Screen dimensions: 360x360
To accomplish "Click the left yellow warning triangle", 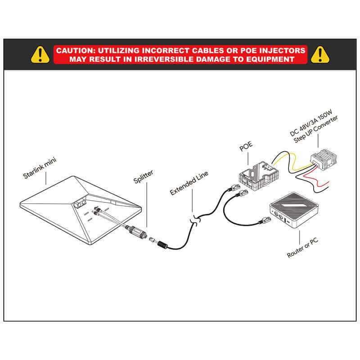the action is coord(40,54).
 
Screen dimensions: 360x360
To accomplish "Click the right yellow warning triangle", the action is coord(320,54).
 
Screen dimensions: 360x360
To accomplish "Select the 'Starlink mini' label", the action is coord(40,168).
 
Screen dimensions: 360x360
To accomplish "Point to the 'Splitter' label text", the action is coord(143,176).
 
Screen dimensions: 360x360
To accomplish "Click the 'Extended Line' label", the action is coord(189,183).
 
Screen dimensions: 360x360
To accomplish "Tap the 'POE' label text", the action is coord(246,146).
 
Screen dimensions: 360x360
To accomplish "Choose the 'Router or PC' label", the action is coord(302,247).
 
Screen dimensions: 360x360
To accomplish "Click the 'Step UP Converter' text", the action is coord(316,129).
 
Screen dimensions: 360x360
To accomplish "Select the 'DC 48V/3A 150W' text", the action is coord(311,123).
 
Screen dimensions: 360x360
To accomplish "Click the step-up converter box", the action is coord(324,158).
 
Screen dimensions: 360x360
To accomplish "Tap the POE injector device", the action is coord(259,176).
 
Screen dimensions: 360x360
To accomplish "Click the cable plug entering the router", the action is coord(265,220).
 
